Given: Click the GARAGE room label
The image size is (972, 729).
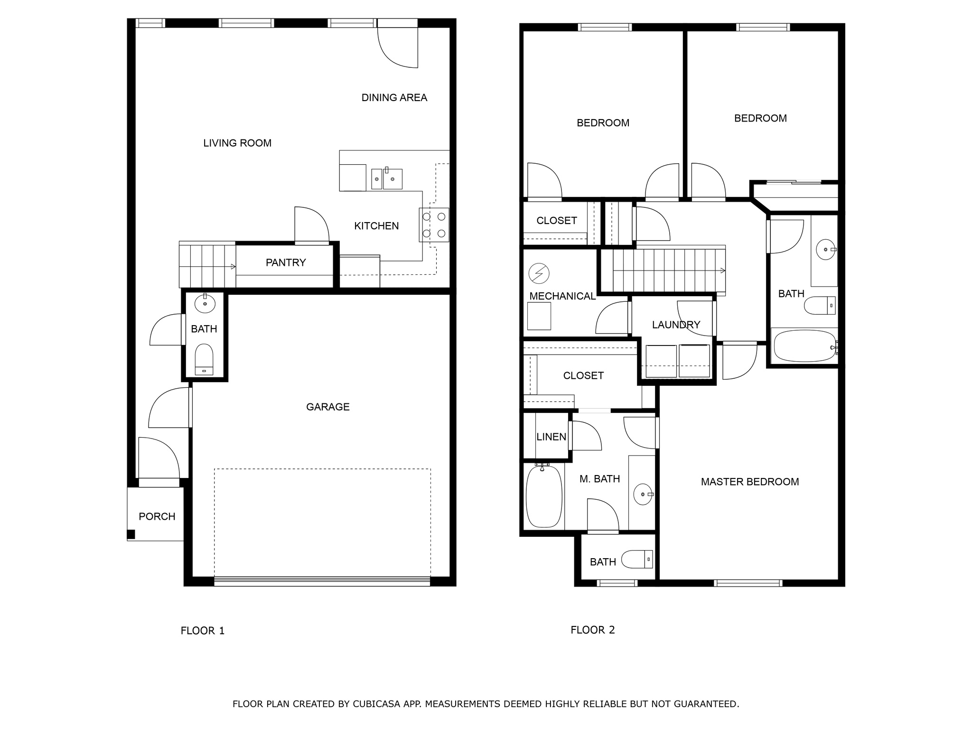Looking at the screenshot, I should (327, 407).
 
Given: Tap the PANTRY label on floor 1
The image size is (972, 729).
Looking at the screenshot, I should (285, 262).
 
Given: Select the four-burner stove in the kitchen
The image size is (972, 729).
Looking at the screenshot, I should (434, 225).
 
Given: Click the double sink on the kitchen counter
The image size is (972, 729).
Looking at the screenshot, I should (386, 178).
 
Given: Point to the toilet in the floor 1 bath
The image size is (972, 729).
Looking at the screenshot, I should (205, 360).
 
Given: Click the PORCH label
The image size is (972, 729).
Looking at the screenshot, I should (157, 516).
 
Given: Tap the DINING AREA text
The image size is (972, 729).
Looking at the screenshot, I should (394, 98).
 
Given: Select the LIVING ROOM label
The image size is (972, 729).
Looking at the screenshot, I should (237, 143).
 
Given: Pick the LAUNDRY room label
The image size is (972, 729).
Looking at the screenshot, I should (676, 325).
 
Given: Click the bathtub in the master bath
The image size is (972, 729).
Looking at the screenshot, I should (543, 496).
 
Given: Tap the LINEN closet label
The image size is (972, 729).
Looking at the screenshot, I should (551, 437).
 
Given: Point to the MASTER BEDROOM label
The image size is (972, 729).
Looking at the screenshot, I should (749, 482).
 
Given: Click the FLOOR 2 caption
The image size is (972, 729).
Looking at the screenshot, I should (592, 630).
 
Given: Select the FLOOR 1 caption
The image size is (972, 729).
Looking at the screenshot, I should (202, 631).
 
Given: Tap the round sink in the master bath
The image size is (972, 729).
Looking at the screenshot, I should (643, 495).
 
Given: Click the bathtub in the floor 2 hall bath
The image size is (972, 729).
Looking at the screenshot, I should (804, 346).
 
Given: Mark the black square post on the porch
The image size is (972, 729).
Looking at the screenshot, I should (131, 534).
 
